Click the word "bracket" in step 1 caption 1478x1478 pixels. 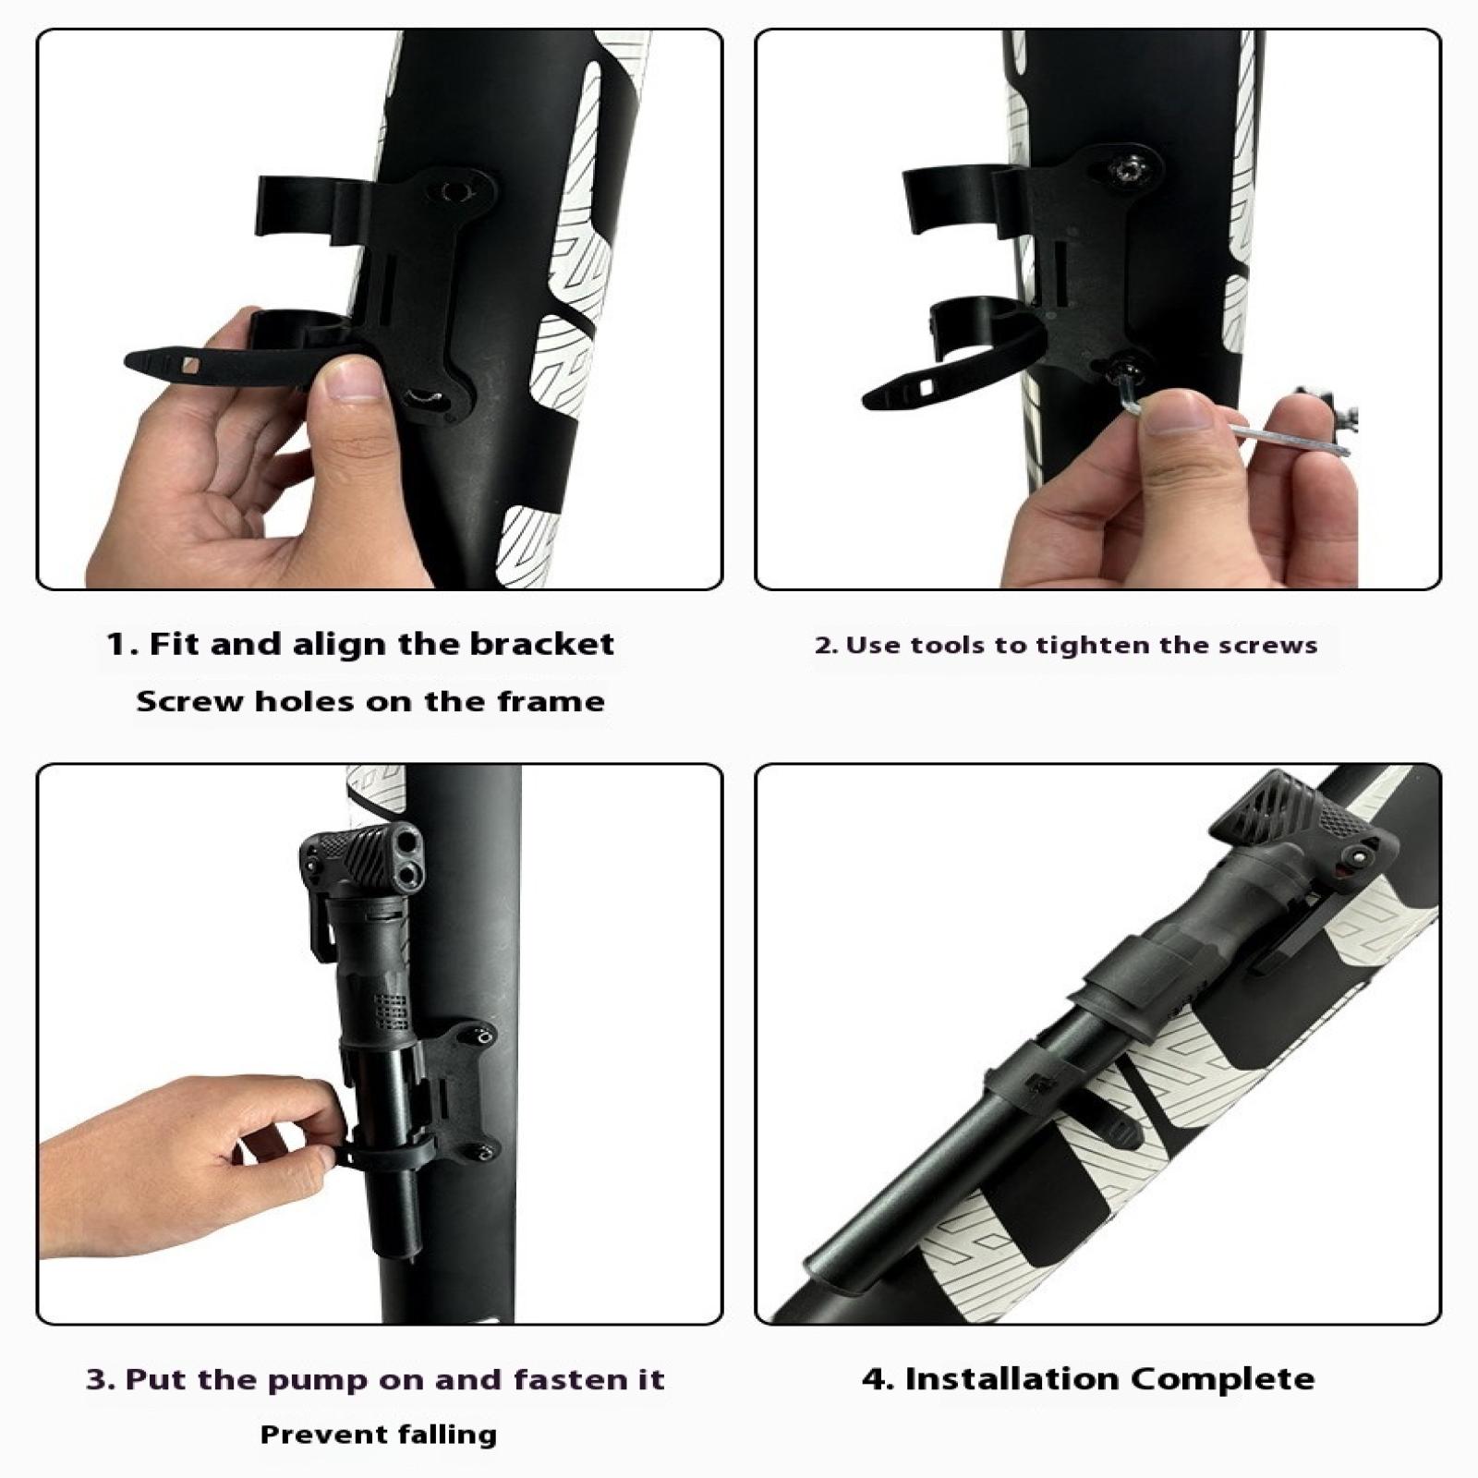pyautogui.click(x=541, y=644)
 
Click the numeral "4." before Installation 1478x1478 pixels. pyautogui.click(x=878, y=1379)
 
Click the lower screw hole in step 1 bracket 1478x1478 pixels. pyautogui.click(x=425, y=397)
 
